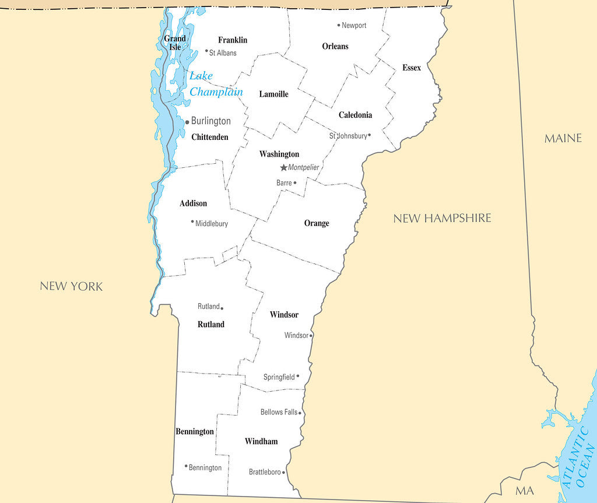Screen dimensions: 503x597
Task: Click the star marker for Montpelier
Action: pos(284,167)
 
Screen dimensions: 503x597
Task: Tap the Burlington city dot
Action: pos(187,122)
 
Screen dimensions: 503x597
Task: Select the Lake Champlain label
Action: pos(216,84)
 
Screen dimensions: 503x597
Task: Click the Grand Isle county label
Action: pos(175,43)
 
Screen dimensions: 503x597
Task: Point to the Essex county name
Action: pos(412,68)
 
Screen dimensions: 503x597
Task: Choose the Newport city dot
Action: pos(339,25)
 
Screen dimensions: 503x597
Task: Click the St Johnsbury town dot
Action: pos(369,135)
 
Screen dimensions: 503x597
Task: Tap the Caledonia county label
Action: pos(355,115)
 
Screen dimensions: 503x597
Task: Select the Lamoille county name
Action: pos(273,94)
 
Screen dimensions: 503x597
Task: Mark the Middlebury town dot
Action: pos(192,221)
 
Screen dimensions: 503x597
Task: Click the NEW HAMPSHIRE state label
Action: pos(442,218)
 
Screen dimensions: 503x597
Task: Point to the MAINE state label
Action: pos(563,138)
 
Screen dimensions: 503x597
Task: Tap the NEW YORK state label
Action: pos(71,286)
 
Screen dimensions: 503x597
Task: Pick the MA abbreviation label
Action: pos(524,491)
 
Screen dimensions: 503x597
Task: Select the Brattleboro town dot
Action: pos(284,472)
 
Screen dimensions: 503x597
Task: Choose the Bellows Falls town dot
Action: pos(300,413)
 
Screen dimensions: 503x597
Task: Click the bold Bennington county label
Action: pos(195,431)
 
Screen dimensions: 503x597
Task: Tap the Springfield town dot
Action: pos(298,376)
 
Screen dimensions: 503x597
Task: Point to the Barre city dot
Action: pos(295,182)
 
